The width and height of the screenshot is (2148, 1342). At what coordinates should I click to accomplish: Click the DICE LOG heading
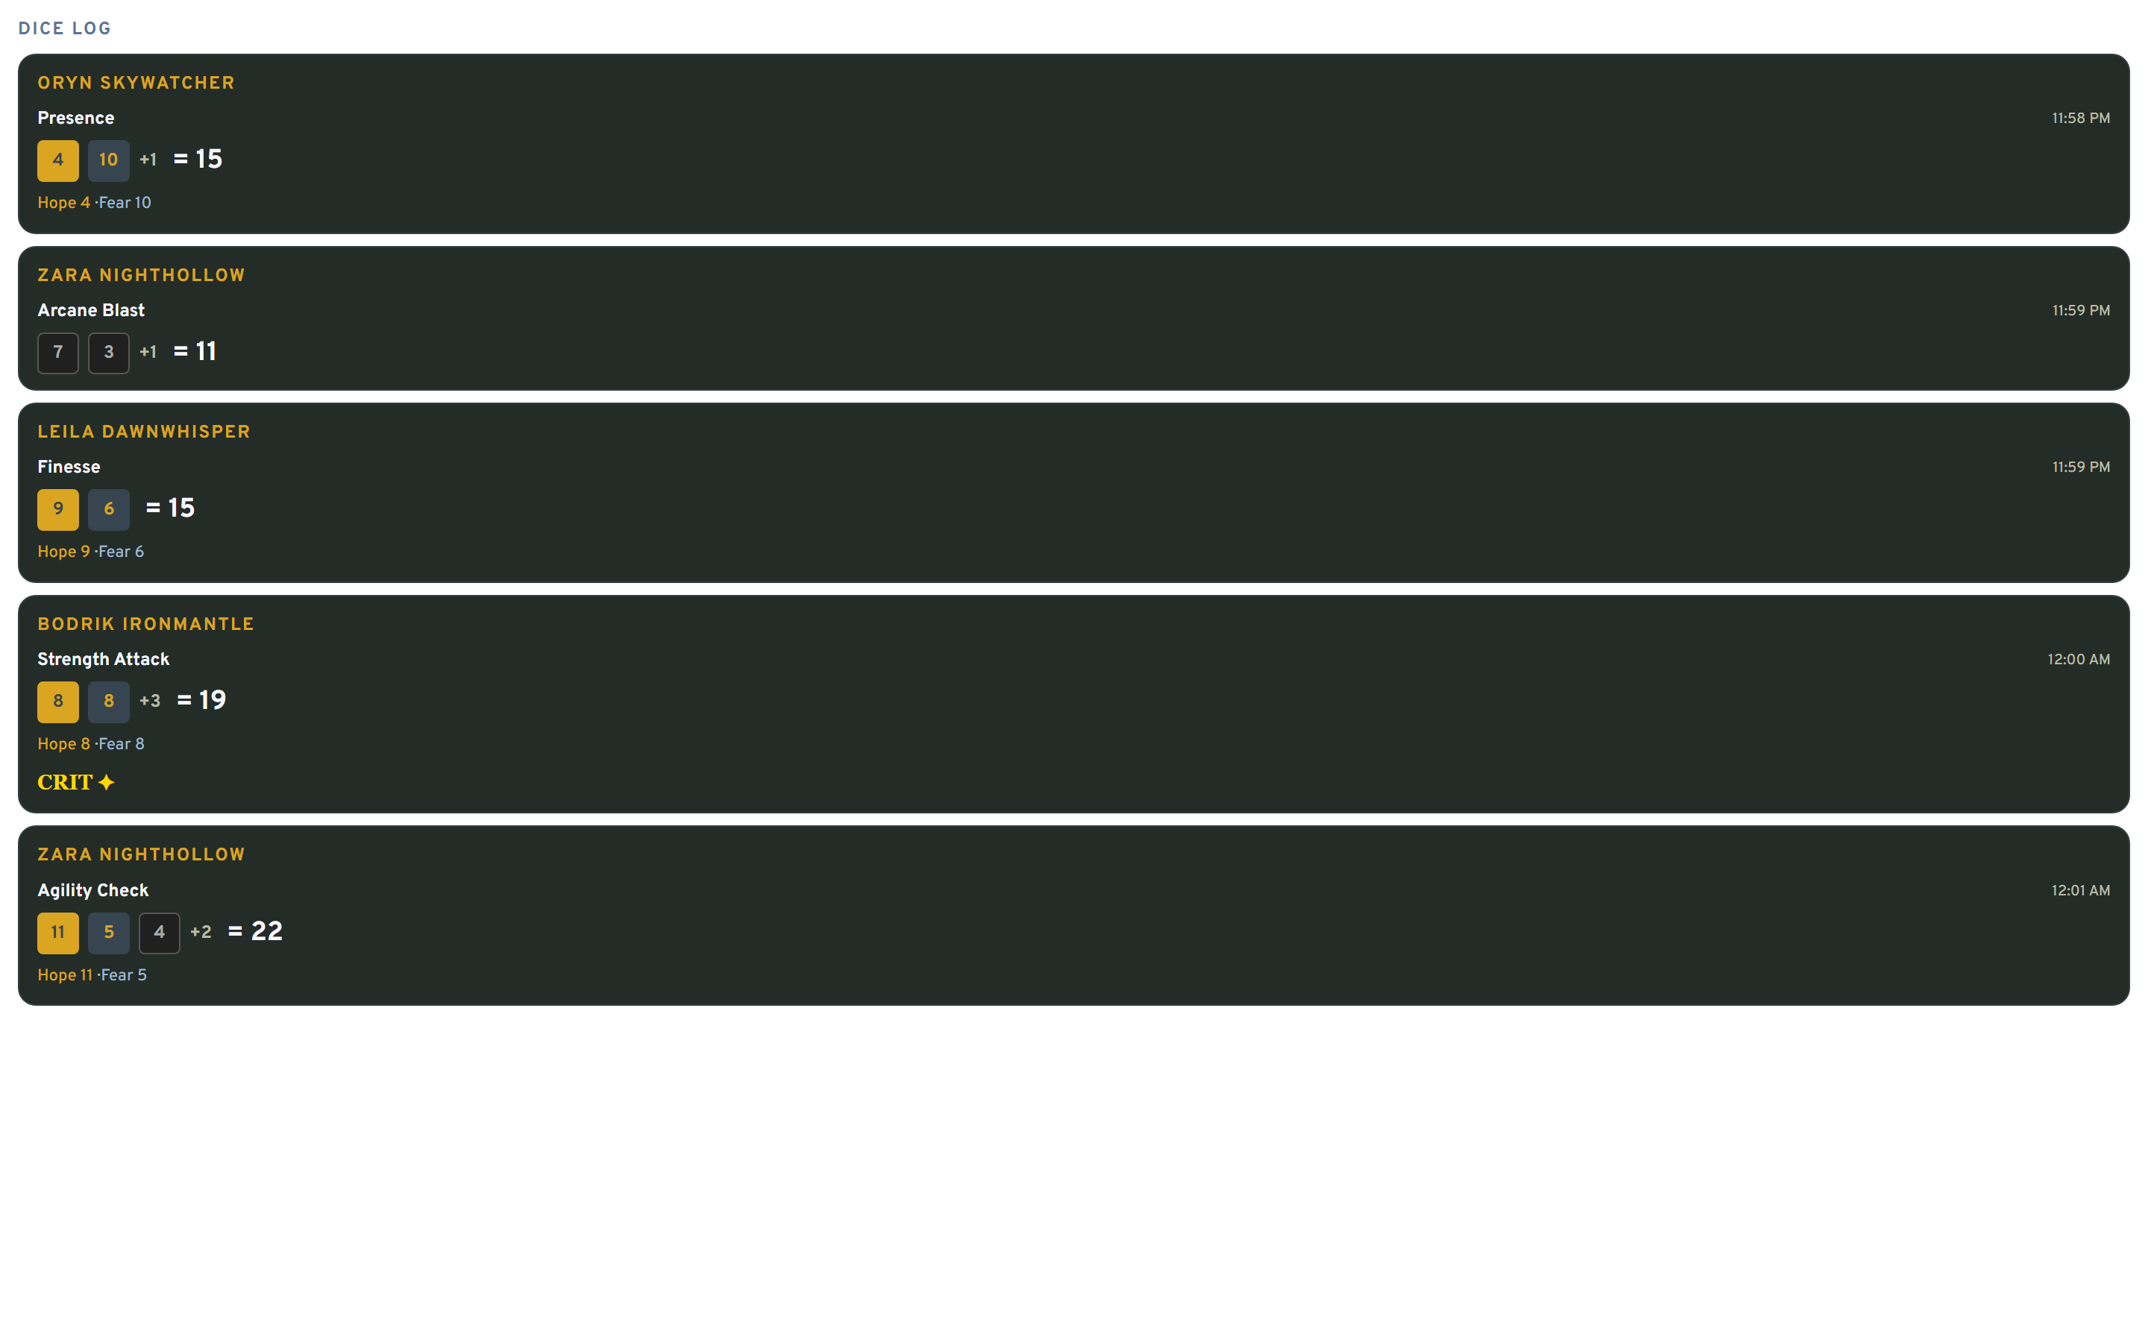[65, 28]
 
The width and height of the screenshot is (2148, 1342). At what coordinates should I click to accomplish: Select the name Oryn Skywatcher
[136, 84]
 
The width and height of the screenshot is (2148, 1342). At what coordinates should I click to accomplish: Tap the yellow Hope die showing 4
[57, 160]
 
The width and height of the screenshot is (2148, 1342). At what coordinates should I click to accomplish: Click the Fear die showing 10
[108, 160]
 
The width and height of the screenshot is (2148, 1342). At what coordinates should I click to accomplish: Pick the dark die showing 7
[57, 353]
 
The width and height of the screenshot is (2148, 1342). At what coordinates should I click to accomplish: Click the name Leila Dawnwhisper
[144, 432]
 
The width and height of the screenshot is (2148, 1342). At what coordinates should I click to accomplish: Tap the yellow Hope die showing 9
[57, 509]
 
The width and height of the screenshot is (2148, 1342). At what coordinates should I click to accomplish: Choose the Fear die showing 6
[108, 509]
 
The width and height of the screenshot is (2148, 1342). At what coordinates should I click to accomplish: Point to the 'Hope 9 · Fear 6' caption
[90, 552]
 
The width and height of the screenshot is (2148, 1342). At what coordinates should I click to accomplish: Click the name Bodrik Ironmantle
[145, 625]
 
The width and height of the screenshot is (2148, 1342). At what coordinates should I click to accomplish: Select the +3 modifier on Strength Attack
[150, 701]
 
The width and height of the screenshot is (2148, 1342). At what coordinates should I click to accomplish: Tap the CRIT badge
[75, 783]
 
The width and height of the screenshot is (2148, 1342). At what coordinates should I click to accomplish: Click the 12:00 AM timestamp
[2078, 660]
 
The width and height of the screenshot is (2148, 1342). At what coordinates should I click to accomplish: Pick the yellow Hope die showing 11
[57, 933]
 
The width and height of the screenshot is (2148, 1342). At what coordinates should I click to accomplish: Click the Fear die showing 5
[108, 933]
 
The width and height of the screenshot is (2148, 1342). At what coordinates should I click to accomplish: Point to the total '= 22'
[256, 932]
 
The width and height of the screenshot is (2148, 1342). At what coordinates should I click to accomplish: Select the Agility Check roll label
[92, 891]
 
